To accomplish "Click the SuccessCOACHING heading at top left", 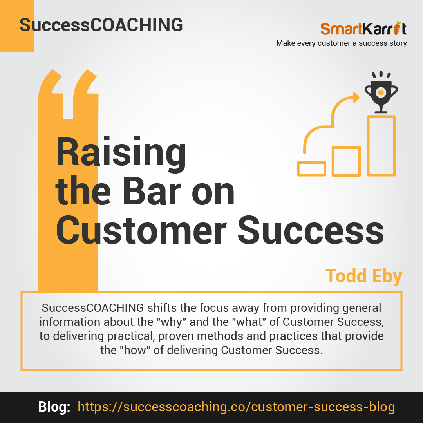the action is point(101,25).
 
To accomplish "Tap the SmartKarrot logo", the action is point(363,28).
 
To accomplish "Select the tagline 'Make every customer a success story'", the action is point(342,43).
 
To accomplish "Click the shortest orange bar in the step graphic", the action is point(312,168).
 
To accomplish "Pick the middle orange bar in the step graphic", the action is point(346,161).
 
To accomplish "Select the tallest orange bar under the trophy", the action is point(381,146).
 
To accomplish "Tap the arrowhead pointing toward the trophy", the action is point(356,98).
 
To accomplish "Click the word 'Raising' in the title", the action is point(121,152).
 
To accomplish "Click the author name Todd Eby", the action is point(364,276).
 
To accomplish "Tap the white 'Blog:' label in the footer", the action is point(54,407).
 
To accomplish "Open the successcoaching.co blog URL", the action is point(236,407).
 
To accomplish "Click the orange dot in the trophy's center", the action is point(381,92).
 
